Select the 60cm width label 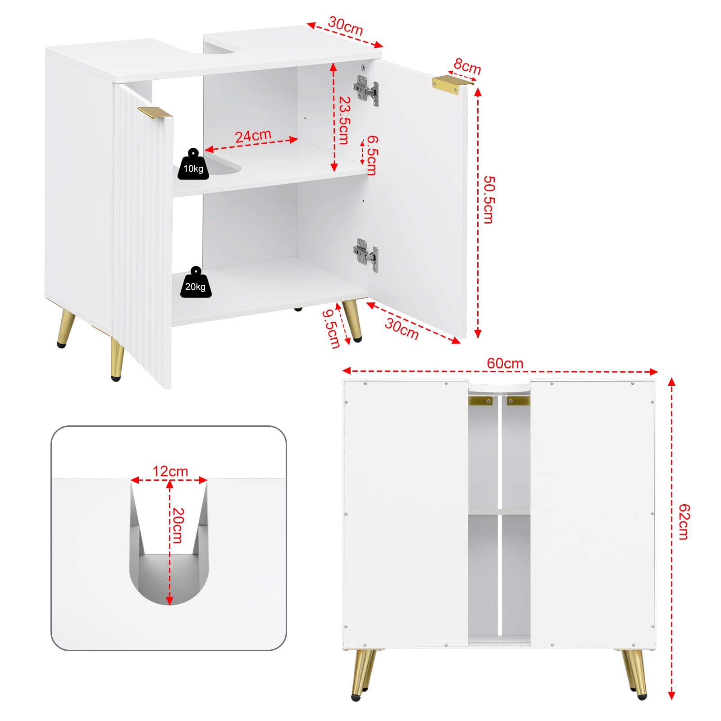(505, 363)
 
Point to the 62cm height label (684, 522)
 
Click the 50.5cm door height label (488, 199)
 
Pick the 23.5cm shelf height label (344, 120)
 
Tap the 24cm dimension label (253, 136)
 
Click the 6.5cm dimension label (372, 155)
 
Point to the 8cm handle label (467, 66)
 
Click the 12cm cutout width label (170, 471)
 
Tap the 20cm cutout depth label (178, 525)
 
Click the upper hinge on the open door (366, 90)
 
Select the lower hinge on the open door (366, 255)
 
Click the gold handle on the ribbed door (155, 113)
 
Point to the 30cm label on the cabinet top (345, 26)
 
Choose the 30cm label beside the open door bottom (402, 329)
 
